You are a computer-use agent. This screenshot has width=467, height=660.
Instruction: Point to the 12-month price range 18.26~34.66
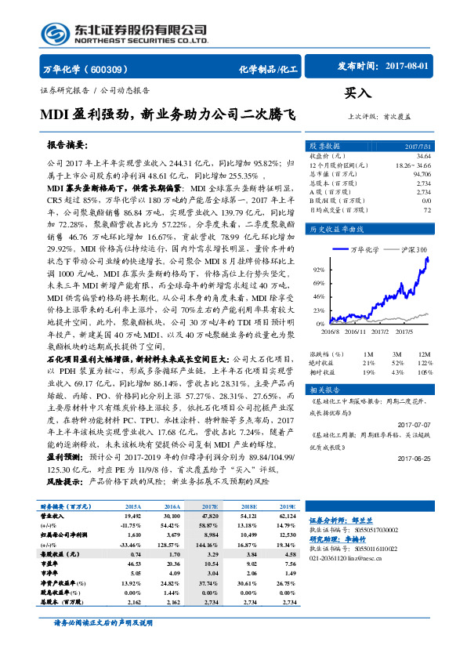tap(412, 165)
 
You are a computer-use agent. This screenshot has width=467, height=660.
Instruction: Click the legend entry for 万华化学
tap(361, 249)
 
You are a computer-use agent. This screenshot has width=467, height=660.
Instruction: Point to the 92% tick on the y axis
tap(319, 268)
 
